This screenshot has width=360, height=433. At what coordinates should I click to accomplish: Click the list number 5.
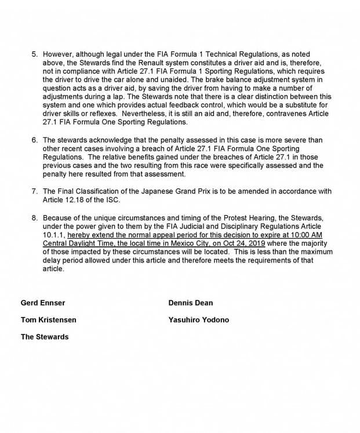point(34,60)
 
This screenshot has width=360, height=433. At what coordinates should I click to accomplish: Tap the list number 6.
point(34,140)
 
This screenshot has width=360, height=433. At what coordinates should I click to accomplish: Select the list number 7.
point(34,192)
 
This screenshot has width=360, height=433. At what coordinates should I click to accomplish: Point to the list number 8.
point(34,217)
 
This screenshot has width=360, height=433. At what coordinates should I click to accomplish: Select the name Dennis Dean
point(190,303)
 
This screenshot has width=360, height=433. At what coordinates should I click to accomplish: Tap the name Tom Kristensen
point(48,320)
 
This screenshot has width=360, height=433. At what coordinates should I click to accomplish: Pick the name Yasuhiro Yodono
point(198,320)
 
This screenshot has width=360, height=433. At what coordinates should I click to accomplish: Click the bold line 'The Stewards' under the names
point(45,337)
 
